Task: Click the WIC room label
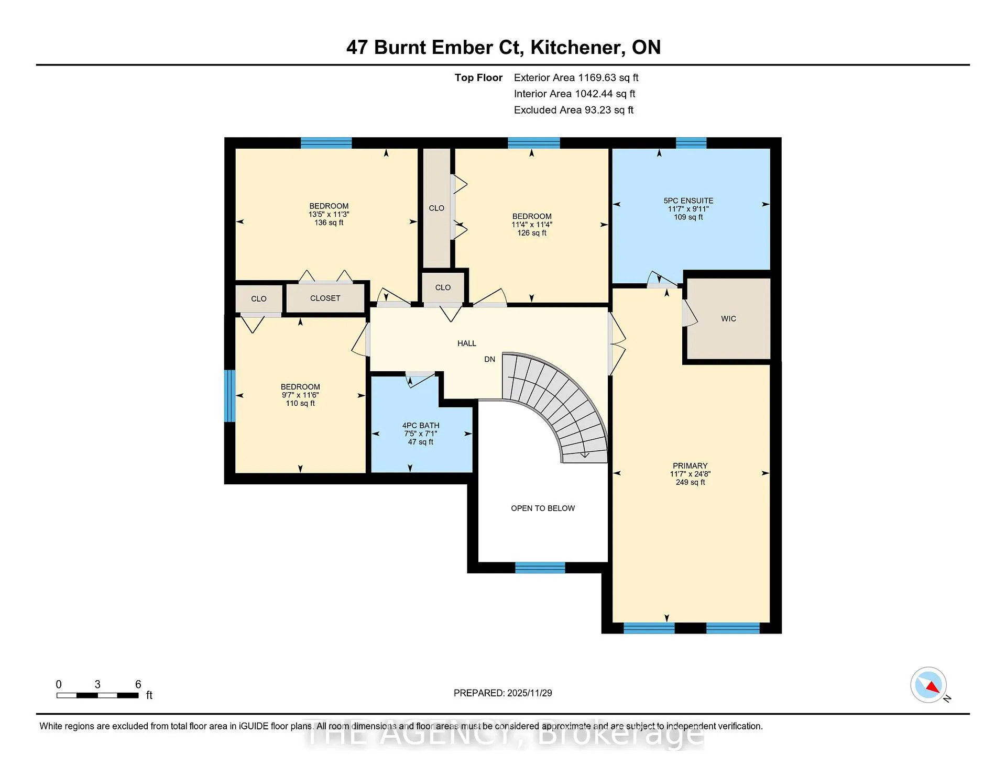pos(728,319)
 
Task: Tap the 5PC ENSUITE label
pos(688,201)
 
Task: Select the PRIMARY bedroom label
pos(690,466)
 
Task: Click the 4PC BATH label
pos(421,426)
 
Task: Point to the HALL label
pos(467,343)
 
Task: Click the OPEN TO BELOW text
pos(543,508)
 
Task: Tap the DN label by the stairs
pos(489,359)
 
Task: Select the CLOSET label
pos(325,298)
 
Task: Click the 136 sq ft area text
pos(329,223)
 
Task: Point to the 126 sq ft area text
pos(532,233)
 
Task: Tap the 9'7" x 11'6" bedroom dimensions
pos(300,395)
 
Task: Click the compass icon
pos(928,685)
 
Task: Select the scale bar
pos(97,695)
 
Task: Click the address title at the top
pos(504,48)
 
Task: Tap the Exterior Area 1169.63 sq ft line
pos(576,78)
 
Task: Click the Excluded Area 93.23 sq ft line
pos(574,110)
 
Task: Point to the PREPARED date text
pos(503,693)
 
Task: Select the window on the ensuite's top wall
pos(691,143)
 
